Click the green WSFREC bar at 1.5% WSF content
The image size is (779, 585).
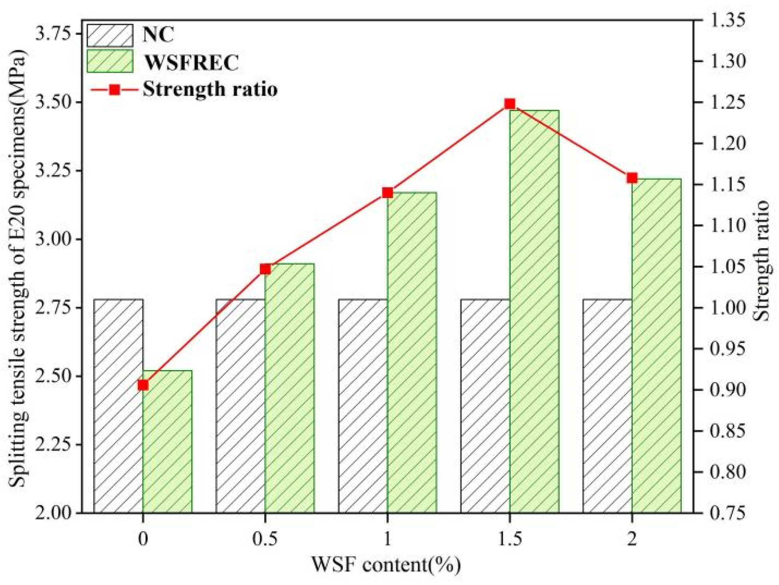coord(534,311)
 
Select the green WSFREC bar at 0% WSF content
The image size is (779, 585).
coord(167,442)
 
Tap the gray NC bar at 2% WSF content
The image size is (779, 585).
coord(607,406)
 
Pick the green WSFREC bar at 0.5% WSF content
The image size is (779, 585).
coord(290,388)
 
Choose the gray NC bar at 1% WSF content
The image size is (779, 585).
coord(363,406)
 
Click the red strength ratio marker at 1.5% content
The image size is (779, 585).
coord(509,104)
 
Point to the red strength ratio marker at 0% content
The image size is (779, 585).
coord(143,385)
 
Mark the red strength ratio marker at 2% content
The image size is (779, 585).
coord(632,178)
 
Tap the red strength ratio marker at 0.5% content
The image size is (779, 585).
coord(265,269)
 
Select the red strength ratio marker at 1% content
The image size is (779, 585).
coord(388,193)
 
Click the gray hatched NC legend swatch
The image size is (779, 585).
coord(110,35)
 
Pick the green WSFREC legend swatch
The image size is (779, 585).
coord(110,61)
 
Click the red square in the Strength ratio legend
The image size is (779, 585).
coord(114,90)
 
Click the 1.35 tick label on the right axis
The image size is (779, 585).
coord(728,20)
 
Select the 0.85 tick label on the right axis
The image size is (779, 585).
coord(728,431)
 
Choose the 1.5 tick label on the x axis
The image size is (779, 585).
coord(510,539)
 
